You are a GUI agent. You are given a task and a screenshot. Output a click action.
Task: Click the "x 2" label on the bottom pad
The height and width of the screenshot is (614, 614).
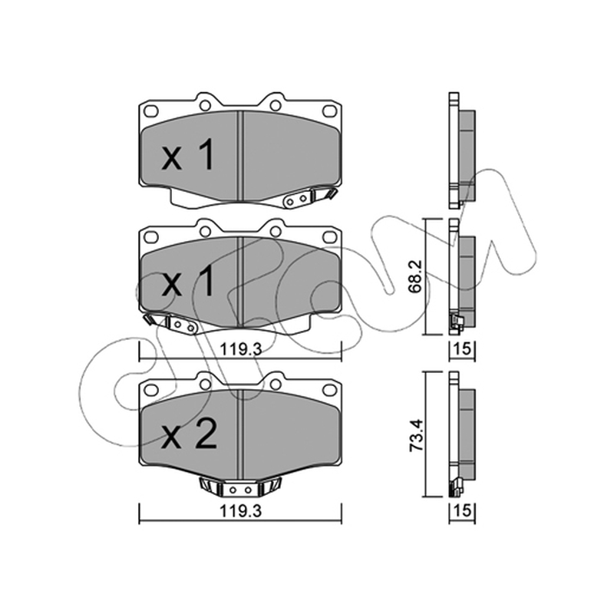click(189, 434)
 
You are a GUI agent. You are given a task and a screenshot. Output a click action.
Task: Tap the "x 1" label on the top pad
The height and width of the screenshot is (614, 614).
click(188, 155)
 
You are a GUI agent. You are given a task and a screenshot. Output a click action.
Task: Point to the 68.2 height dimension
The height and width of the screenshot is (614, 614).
click(416, 276)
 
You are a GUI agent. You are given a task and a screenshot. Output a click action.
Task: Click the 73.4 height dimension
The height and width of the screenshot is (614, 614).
click(416, 435)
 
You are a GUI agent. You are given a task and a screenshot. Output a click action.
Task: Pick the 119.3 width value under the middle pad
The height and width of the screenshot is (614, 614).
click(240, 348)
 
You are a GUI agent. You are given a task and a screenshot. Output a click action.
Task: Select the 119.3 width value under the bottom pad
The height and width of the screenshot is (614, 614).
click(240, 511)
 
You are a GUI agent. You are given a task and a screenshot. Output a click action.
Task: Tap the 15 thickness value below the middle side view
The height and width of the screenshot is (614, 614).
click(462, 348)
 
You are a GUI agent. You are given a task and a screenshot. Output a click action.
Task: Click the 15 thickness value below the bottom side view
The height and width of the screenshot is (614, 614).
click(462, 510)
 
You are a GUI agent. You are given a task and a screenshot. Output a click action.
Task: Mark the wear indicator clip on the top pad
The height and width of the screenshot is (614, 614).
click(309, 198)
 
